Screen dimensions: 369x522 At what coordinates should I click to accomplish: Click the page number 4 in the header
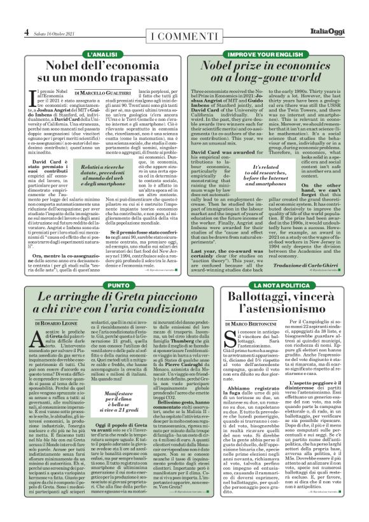pyautogui.click(x=27, y=31)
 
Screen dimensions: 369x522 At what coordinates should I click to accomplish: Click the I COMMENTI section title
pyautogui.click(x=184, y=33)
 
